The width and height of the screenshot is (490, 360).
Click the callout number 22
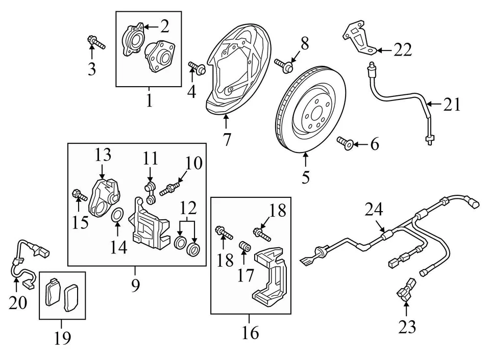tap(402, 49)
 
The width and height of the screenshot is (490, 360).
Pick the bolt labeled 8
tap(283, 65)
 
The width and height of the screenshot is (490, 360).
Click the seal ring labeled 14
tap(116, 216)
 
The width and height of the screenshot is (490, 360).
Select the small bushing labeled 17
tap(246, 248)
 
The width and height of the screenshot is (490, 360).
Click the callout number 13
tap(103, 155)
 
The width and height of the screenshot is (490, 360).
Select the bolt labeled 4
tap(197, 68)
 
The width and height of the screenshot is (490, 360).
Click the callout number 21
tap(452, 105)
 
